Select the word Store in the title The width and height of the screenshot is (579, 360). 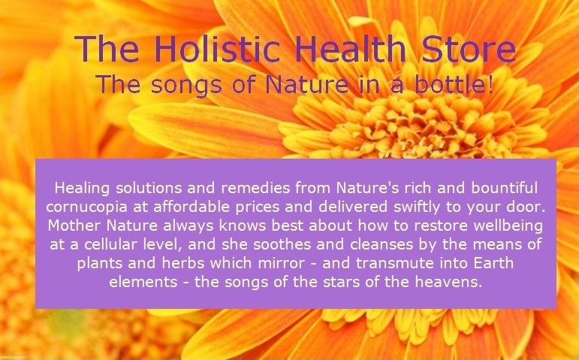(463, 50)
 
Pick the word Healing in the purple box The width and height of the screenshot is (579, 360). (79, 186)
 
